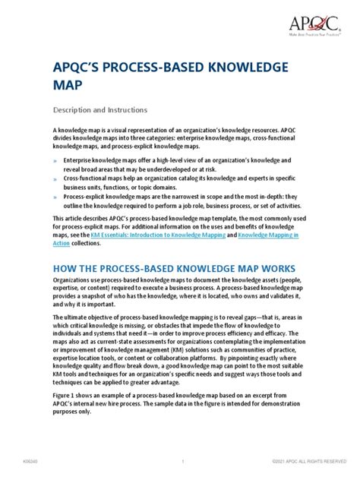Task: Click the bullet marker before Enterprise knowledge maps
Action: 55,161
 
